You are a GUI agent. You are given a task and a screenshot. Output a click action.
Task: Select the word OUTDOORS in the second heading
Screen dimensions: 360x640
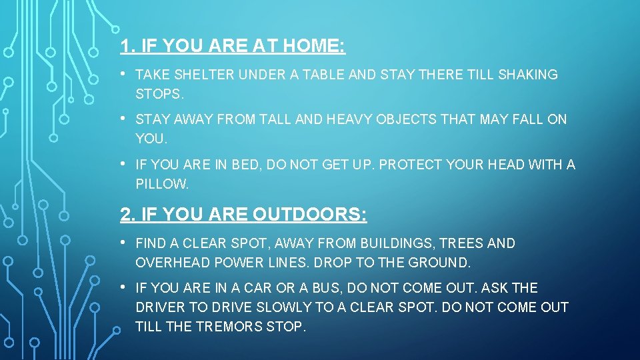point(309,215)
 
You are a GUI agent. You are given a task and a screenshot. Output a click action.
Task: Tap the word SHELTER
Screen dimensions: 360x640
point(204,75)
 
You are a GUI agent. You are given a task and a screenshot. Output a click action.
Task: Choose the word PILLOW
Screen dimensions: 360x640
point(162,183)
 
